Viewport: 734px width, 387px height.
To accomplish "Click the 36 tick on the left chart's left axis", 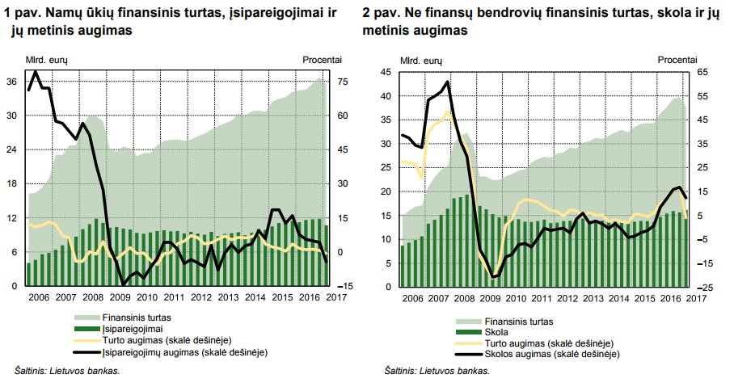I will pyautogui.click(x=11, y=82).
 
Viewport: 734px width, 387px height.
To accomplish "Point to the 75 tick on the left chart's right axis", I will pyautogui.click(x=342, y=82).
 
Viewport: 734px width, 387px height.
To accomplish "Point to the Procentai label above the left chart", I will pyautogui.click(x=322, y=60).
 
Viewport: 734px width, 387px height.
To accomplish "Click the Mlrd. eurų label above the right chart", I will pyautogui.click(x=421, y=61).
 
